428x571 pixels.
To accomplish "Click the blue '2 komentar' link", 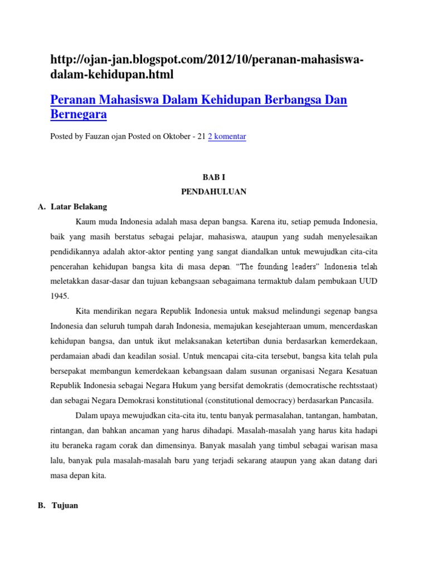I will coord(227,136).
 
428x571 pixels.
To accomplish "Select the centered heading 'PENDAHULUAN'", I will coord(213,192).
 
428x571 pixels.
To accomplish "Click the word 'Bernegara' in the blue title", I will coord(79,115).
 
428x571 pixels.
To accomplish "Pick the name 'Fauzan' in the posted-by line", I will coord(103,136).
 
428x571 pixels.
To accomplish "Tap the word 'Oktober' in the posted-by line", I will coord(176,136).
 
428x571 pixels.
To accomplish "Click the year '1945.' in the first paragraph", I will coord(59,296).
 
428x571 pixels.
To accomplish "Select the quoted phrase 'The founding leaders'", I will coord(278,266).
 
